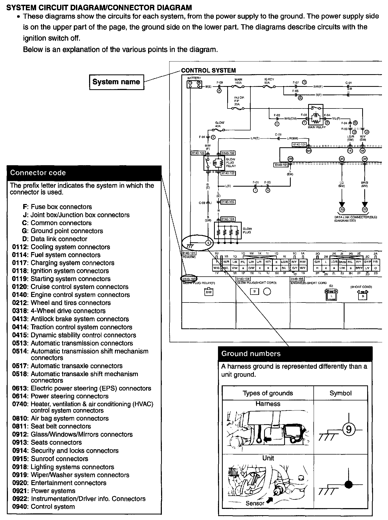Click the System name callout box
(117, 82)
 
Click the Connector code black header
(84, 173)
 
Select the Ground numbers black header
(295, 354)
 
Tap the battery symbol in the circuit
(194, 84)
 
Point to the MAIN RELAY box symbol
(316, 115)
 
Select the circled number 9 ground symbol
(348, 430)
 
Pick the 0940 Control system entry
(43, 507)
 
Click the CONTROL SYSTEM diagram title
(208, 70)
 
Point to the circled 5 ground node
(208, 243)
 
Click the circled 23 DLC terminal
(342, 210)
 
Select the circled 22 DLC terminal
(365, 210)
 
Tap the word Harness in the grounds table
(268, 404)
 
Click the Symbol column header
(340, 393)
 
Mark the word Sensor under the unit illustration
(255, 503)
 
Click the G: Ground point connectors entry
(63, 231)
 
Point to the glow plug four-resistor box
(228, 230)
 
